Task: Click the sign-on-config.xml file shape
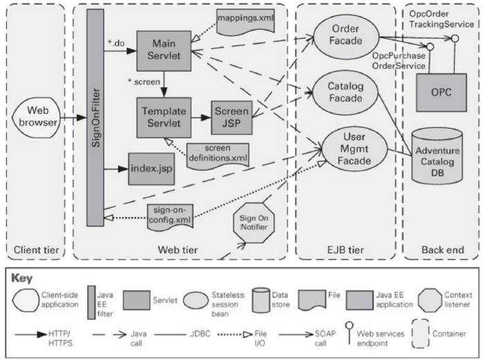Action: [170, 212]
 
